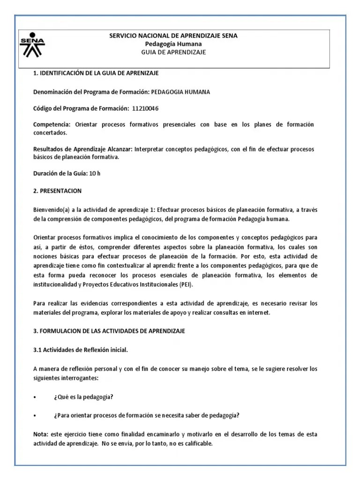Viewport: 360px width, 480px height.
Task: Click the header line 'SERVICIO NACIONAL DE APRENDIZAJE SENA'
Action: [173, 36]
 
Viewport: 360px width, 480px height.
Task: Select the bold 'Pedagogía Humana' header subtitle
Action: [173, 44]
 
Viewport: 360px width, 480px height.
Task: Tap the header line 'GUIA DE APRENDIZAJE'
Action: [173, 52]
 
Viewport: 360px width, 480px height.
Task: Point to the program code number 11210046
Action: [145, 108]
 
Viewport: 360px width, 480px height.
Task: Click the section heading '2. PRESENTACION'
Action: [57, 191]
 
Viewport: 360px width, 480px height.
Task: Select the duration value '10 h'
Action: [95, 173]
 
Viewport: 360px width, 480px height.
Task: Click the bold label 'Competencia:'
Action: [52, 124]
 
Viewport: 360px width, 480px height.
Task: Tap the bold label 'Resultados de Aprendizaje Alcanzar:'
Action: [83, 149]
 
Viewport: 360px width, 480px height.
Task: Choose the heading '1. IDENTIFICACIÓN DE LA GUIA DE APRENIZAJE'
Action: [96, 74]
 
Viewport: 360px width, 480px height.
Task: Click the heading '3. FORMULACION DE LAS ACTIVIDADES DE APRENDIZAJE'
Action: [109, 331]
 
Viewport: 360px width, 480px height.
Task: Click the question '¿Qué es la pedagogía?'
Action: [83, 397]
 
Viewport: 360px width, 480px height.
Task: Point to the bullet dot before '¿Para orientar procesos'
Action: [35, 415]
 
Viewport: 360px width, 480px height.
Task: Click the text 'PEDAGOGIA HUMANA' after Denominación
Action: [180, 92]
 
